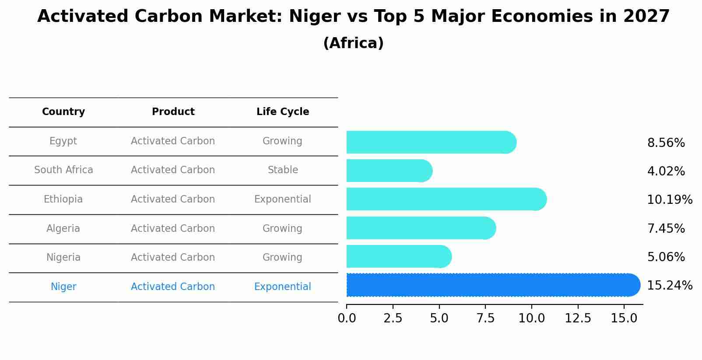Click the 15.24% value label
click(x=669, y=286)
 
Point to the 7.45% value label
click(x=666, y=228)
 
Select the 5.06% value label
click(x=666, y=257)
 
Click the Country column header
click(x=63, y=112)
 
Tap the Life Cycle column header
click(x=283, y=112)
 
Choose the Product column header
click(x=173, y=112)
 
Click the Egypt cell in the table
click(x=63, y=141)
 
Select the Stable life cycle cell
click(x=283, y=170)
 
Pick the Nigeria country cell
click(x=63, y=258)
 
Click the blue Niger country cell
click(x=63, y=287)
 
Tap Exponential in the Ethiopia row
click(x=282, y=199)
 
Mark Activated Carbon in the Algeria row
click(x=173, y=229)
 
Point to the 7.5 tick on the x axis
click(x=485, y=318)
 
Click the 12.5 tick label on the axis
click(x=578, y=318)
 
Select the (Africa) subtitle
click(x=353, y=43)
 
